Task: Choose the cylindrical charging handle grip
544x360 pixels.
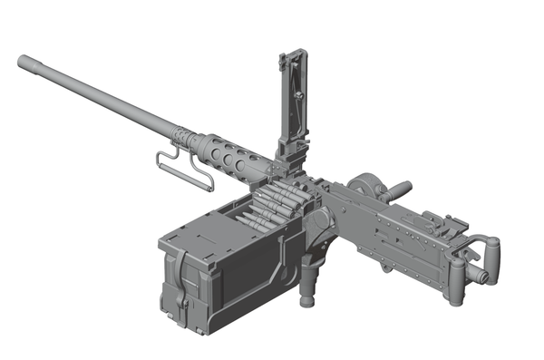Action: coord(399,190)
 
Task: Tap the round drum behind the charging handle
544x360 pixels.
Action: coord(368,185)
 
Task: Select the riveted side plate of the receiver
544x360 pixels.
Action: coord(390,240)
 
